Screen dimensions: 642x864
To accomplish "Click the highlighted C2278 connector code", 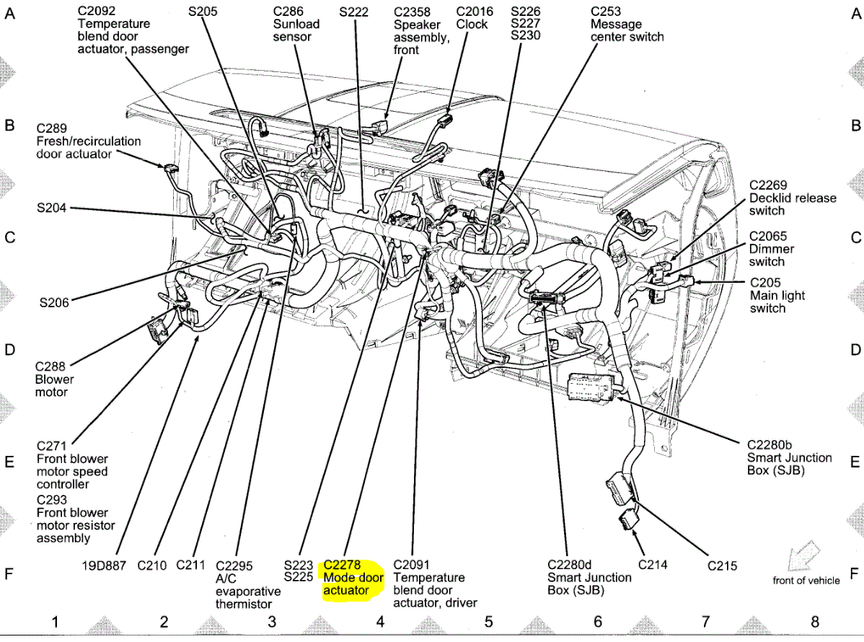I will pyautogui.click(x=342, y=565).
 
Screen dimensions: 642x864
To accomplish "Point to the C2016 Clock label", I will pyautogui.click(x=475, y=18).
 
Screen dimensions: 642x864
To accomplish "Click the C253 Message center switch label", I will pyautogui.click(x=627, y=24).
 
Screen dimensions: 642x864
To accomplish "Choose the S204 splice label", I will pyautogui.click(x=52, y=208).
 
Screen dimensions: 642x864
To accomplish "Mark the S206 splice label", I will pyautogui.click(x=54, y=303).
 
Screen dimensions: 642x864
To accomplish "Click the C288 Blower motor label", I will pyautogui.click(x=54, y=379).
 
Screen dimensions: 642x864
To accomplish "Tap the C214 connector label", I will pyautogui.click(x=653, y=566).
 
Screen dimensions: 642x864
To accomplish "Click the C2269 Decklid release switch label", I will pyautogui.click(x=792, y=198).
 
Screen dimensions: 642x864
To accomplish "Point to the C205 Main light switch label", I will pyautogui.click(x=777, y=296).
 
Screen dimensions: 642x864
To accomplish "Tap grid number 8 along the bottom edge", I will pyautogui.click(x=814, y=622).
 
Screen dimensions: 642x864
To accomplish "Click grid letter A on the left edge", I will pyautogui.click(x=10, y=13).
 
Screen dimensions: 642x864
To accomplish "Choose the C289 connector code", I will pyautogui.click(x=52, y=128).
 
